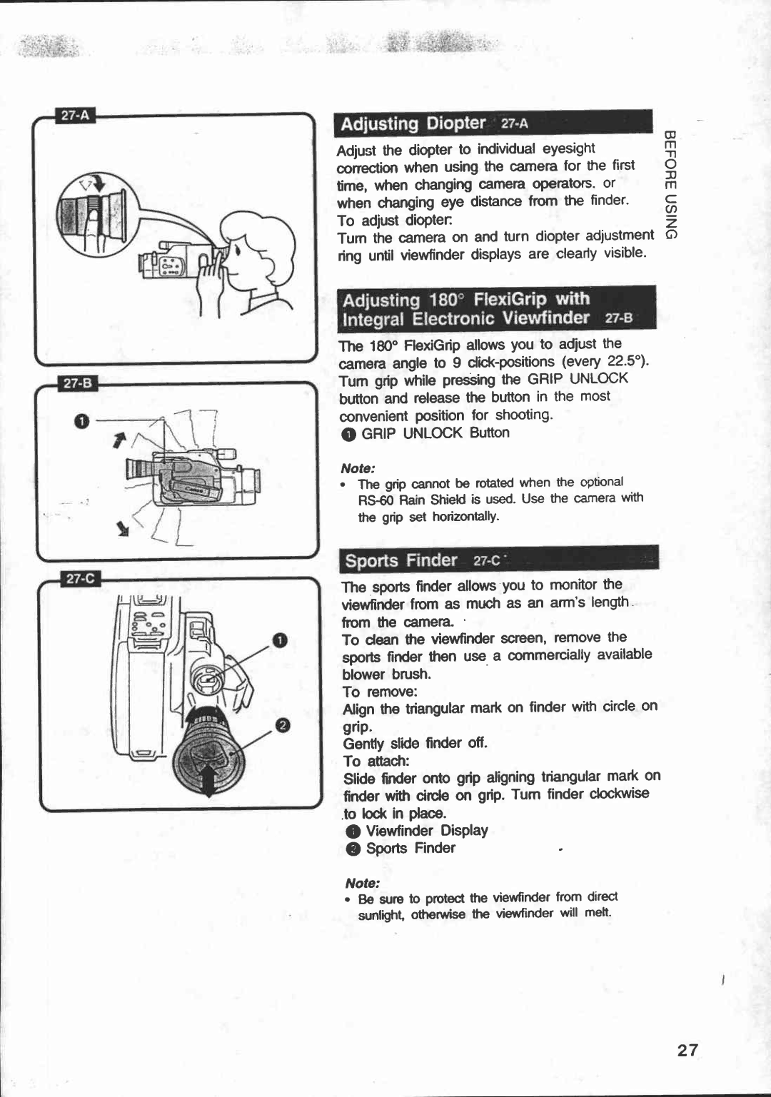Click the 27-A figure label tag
(x=76, y=116)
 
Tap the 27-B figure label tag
(x=78, y=383)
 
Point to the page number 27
(x=687, y=1050)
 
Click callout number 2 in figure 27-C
(x=283, y=726)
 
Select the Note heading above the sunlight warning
(x=362, y=883)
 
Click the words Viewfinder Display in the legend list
(x=426, y=831)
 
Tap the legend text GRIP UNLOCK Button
(x=435, y=433)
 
